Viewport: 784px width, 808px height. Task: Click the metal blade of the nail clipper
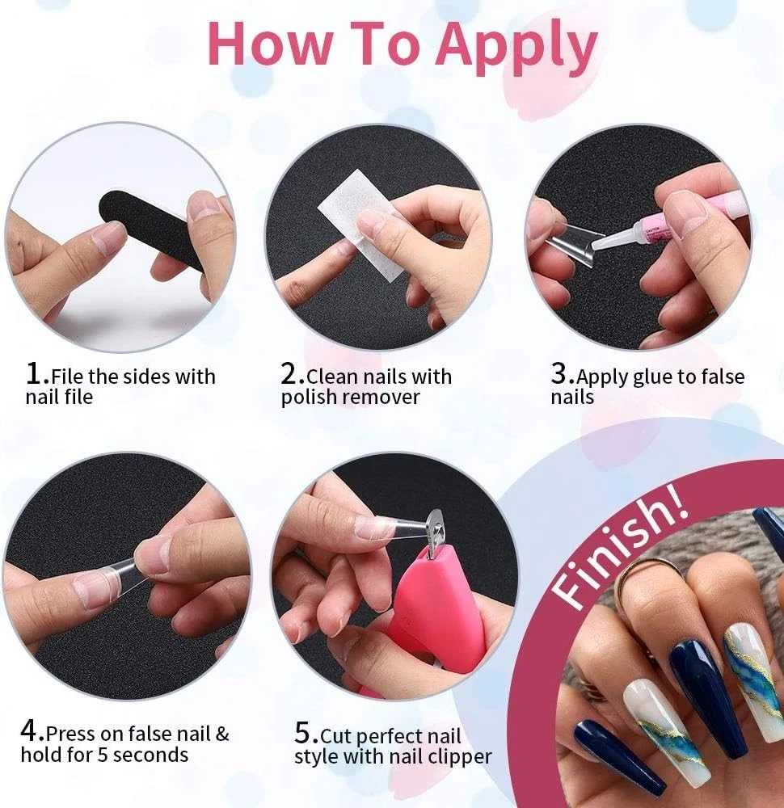(x=436, y=526)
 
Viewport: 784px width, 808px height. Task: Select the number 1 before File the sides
(x=33, y=374)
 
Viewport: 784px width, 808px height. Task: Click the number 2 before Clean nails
(x=288, y=374)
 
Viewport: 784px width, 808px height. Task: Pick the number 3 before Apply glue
(x=558, y=373)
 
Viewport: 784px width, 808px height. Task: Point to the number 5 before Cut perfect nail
(x=302, y=732)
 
